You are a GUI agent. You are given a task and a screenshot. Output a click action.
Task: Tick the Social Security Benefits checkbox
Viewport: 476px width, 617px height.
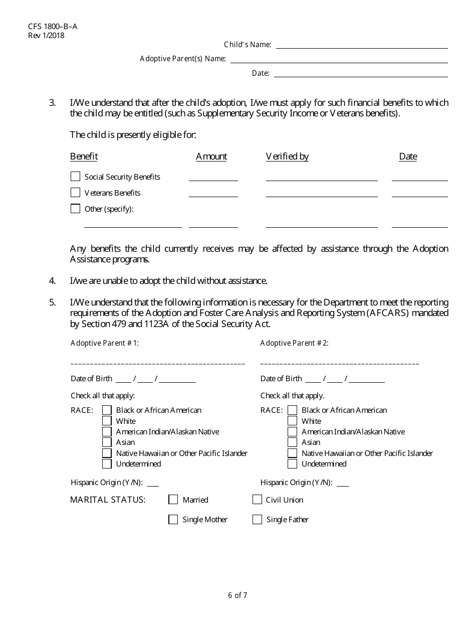pos(75,177)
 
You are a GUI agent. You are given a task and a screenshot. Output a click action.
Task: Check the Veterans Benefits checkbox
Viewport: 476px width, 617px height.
pos(75,193)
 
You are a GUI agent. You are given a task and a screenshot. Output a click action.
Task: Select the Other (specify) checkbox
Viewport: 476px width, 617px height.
pos(75,209)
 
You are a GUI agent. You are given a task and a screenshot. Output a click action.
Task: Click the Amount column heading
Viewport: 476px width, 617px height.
pos(211,157)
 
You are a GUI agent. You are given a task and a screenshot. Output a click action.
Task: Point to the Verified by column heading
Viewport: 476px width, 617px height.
pos(287,157)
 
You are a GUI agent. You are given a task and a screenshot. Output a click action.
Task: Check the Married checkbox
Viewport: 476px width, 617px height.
pos(173,500)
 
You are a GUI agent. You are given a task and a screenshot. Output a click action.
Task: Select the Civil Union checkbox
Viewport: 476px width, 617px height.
pos(257,500)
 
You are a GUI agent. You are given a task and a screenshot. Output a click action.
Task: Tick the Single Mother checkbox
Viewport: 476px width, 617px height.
pos(173,520)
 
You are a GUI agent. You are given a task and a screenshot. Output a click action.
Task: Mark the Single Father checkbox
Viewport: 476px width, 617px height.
pos(257,520)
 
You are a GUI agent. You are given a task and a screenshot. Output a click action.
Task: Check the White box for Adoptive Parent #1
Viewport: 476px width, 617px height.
pos(107,421)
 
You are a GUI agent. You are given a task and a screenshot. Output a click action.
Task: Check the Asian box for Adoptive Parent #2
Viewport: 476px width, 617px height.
pos(293,442)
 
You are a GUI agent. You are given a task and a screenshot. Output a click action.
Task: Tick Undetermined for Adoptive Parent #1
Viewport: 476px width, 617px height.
pos(107,464)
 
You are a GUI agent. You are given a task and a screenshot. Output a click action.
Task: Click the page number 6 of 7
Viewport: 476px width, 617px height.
pos(237,596)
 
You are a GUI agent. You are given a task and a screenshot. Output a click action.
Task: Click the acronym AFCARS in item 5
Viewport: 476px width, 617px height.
pos(385,314)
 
